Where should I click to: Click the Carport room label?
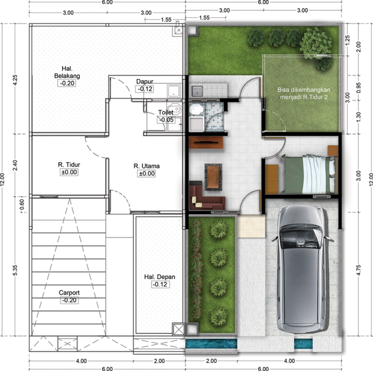(x=69, y=293)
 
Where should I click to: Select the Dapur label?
(x=145, y=81)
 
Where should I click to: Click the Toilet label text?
(x=165, y=112)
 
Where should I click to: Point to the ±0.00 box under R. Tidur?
(x=69, y=172)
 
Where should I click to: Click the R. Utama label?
(x=146, y=166)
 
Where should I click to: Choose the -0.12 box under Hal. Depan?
(x=160, y=284)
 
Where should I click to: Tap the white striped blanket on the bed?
(x=315, y=174)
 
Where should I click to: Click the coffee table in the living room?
(x=213, y=177)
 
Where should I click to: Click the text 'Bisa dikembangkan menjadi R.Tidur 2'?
(x=304, y=93)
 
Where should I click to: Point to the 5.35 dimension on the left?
(x=15, y=270)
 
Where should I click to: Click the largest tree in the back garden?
(x=315, y=42)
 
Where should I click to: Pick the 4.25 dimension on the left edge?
(x=15, y=79)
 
